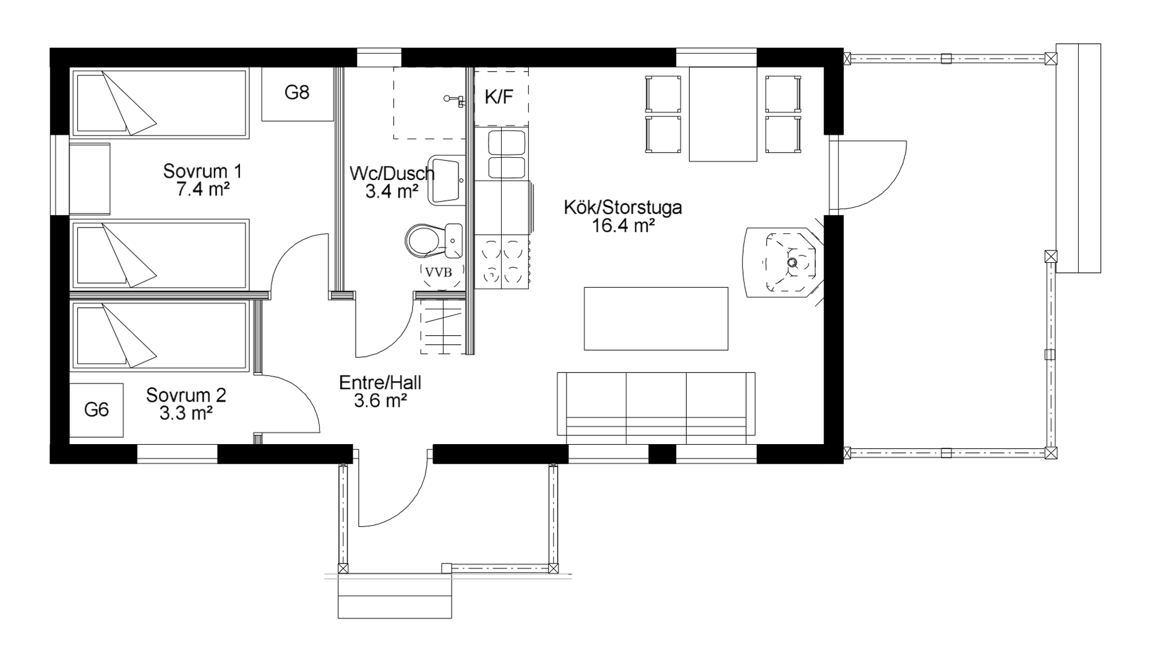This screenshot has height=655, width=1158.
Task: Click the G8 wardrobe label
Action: [297, 93]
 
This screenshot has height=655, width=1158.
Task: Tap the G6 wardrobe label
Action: [96, 409]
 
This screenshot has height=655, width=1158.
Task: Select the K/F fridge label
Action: [499, 96]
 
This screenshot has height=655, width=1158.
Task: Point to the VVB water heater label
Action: [439, 272]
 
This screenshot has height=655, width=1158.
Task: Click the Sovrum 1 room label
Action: [202, 171]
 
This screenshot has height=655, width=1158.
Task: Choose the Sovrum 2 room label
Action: [186, 395]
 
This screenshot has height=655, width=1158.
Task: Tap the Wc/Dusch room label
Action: [392, 173]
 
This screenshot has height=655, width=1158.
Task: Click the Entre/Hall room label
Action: [380, 383]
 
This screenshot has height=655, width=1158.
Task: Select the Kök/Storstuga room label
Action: [623, 207]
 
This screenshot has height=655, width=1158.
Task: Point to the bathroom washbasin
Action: [446, 180]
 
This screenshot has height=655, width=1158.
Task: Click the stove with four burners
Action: [502, 263]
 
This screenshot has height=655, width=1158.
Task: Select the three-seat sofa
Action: [656, 408]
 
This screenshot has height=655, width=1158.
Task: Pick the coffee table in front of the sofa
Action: [656, 319]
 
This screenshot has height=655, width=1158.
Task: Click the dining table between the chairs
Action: [723, 114]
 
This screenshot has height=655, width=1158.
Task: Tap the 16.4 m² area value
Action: [624, 226]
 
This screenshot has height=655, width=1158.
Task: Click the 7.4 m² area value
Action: [203, 189]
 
